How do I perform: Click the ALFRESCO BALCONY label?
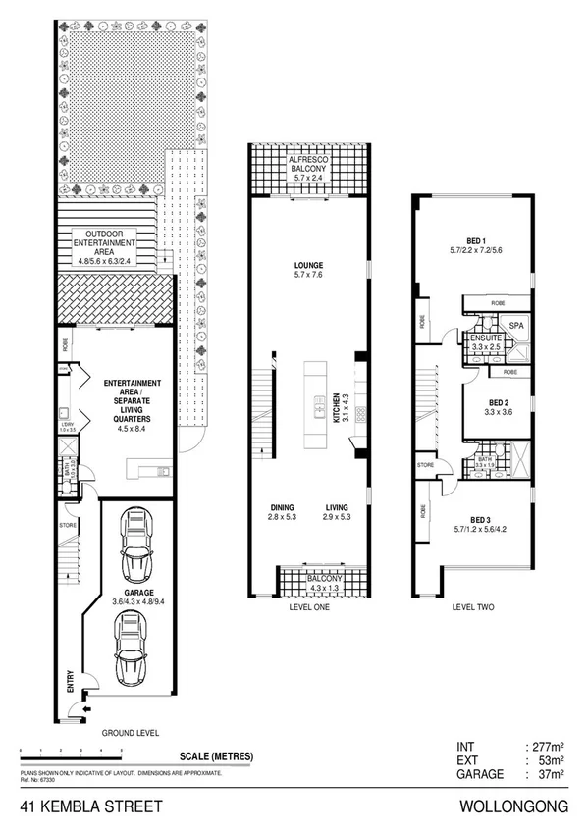click(308, 166)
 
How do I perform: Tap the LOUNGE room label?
click(308, 266)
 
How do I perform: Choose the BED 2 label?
click(497, 403)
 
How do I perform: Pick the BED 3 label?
click(478, 520)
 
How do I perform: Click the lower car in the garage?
click(132, 649)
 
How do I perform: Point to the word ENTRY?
click(71, 681)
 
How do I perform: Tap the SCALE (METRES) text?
click(217, 755)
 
